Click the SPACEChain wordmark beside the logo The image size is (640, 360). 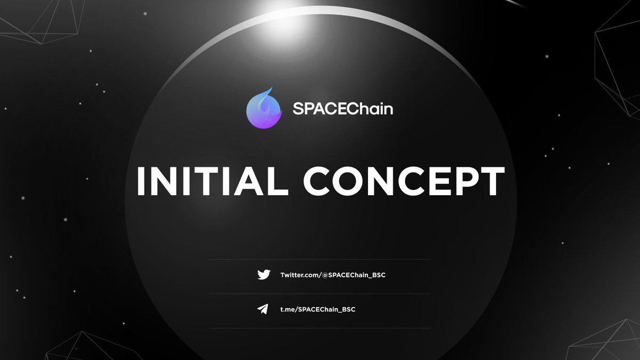click(343, 109)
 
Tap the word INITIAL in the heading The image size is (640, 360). click(208, 181)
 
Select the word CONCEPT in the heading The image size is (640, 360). click(404, 181)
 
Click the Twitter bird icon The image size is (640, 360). click(263, 275)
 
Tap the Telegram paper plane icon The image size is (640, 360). click(262, 309)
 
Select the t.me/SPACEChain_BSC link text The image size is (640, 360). click(318, 309)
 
